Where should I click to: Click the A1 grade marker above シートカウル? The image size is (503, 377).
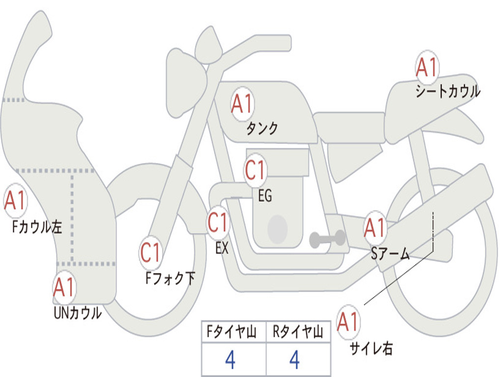pyautogui.click(x=427, y=67)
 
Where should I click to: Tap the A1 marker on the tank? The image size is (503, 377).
pyautogui.click(x=242, y=104)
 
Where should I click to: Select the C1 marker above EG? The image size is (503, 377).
pyautogui.click(x=255, y=170)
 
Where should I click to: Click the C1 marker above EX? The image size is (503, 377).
pyautogui.click(x=218, y=222)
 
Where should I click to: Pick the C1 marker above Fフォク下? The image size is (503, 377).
pyautogui.click(x=150, y=253)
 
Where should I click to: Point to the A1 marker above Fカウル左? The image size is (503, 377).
pyautogui.click(x=15, y=201)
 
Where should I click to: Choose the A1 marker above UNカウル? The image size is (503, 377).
pyautogui.click(x=64, y=287)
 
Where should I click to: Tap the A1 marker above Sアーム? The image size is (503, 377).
pyautogui.click(x=375, y=228)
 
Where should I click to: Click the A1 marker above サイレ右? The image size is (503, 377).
pyautogui.click(x=348, y=322)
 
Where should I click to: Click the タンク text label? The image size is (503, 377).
pyautogui.click(x=262, y=128)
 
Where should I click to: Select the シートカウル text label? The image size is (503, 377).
pyautogui.click(x=448, y=91)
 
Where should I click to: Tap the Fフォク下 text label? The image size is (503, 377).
pyautogui.click(x=170, y=278)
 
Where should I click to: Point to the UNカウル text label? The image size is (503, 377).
pyautogui.click(x=78, y=313)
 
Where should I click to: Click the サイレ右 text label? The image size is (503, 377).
pyautogui.click(x=371, y=348)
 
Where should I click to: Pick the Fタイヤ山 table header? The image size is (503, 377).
pyautogui.click(x=231, y=331)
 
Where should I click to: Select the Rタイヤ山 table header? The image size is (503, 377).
pyautogui.click(x=298, y=331)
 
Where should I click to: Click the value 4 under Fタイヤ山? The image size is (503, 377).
pyautogui.click(x=230, y=359)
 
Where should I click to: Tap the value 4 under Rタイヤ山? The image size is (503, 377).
pyautogui.click(x=295, y=359)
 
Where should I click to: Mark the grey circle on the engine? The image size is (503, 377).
pyautogui.click(x=278, y=229)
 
